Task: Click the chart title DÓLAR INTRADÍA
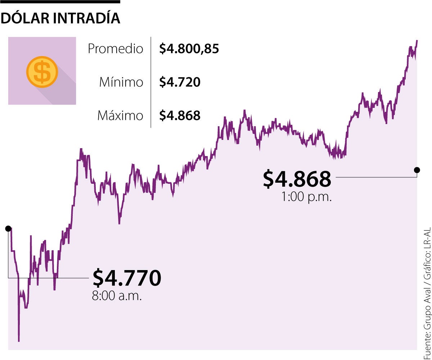[x=60, y=19]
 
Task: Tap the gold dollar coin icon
[x=42, y=72]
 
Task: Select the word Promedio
[x=115, y=49]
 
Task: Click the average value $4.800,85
[x=189, y=49]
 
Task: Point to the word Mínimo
[x=121, y=83]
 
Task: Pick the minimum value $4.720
[x=180, y=83]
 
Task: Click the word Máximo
[x=120, y=116]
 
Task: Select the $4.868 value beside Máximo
[x=180, y=116]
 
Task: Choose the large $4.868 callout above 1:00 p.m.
[x=297, y=179]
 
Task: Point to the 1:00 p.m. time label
[x=306, y=197]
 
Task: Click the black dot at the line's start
[x=8, y=228]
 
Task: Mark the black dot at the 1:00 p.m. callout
[x=417, y=170]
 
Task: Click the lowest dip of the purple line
[x=18, y=340]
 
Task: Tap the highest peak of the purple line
[x=417, y=41]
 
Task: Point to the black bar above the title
[x=60, y=2]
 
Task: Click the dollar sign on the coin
[x=42, y=72]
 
